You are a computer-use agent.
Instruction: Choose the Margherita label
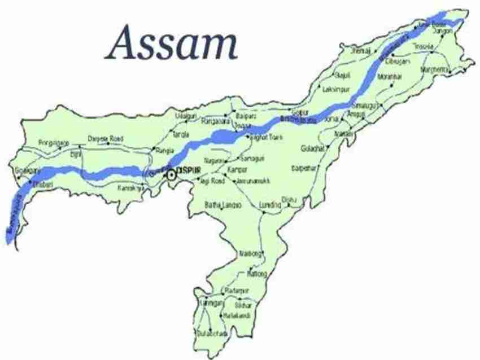tap(437, 69)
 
